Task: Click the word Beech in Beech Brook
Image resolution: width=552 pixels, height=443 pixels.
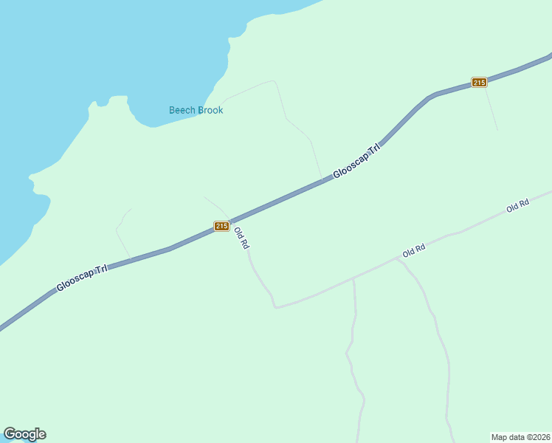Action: pyautogui.click(x=182, y=111)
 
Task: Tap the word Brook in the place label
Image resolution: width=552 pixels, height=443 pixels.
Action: pyautogui.click(x=210, y=111)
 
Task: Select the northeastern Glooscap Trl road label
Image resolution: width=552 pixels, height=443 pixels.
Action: pyautogui.click(x=356, y=160)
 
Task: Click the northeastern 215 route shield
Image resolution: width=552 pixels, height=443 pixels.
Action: pyautogui.click(x=479, y=82)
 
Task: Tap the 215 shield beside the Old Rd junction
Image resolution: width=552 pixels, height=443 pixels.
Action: pyautogui.click(x=221, y=226)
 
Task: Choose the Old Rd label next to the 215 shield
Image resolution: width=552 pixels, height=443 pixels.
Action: pyautogui.click(x=241, y=238)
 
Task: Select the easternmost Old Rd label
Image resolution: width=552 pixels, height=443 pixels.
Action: pyautogui.click(x=518, y=207)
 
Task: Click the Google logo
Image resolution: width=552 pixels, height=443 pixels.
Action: pyautogui.click(x=24, y=434)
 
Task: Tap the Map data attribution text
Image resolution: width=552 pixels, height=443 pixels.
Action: pyautogui.click(x=509, y=436)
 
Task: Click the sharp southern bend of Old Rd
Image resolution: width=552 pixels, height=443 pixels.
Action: pyautogui.click(x=275, y=306)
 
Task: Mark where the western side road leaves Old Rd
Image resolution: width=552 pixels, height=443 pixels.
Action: pyautogui.click(x=354, y=278)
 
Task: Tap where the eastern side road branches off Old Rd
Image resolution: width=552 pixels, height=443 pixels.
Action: pyautogui.click(x=397, y=259)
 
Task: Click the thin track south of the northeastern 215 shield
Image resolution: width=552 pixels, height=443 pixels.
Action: pyautogui.click(x=491, y=111)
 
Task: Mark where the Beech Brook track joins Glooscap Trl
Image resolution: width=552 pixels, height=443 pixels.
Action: pyautogui.click(x=322, y=179)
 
